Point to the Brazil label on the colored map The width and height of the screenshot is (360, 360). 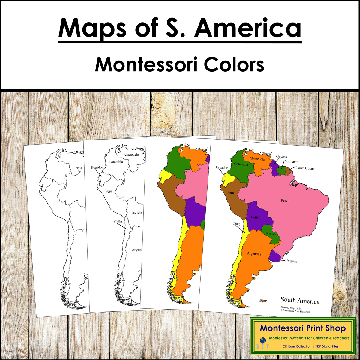point(285,201)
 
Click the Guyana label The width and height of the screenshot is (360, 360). point(281,157)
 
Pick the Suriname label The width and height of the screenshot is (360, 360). point(291,161)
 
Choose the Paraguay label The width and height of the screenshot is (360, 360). point(270,233)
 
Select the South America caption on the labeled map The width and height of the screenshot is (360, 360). point(300,300)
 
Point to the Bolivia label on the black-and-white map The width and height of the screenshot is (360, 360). point(136,213)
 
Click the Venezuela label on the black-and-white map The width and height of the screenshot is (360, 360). point(131,155)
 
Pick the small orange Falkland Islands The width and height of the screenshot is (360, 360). point(263,300)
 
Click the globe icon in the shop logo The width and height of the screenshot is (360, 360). point(262,341)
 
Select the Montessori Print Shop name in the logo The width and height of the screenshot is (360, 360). point(303,328)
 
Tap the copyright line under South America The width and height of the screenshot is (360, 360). point(295,312)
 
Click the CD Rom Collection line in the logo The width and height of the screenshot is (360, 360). point(310,346)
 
